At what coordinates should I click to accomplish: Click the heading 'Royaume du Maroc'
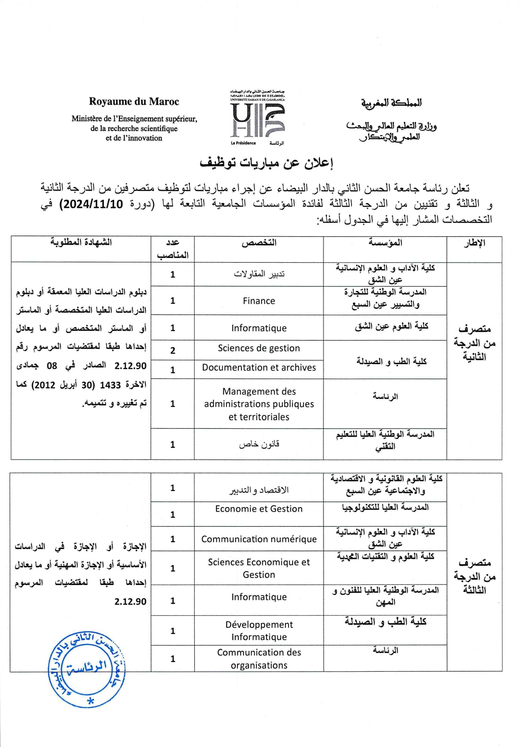coord(134,102)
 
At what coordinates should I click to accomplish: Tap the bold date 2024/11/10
coord(93,204)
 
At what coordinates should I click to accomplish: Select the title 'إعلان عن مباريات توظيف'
coord(266,163)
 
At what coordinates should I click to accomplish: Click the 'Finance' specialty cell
coord(259,301)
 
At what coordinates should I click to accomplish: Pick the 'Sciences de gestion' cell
coord(259,348)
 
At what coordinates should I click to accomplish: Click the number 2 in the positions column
coord(172,350)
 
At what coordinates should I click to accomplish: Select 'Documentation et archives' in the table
coord(259,368)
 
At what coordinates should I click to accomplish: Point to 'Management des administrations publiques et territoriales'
coord(259,404)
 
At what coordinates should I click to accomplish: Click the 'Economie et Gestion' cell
coord(259,509)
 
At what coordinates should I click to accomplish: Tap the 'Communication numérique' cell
coord(259,539)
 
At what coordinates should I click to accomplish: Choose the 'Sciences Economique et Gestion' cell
coord(259,568)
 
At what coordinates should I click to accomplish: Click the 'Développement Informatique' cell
coord(259,631)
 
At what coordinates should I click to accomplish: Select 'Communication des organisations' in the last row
coord(259,659)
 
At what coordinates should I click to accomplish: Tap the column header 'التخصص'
coord(259,243)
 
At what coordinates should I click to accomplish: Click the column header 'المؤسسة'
coord(385,243)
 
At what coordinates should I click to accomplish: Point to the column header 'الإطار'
coord(474,243)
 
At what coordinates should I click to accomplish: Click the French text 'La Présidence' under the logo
coord(243,143)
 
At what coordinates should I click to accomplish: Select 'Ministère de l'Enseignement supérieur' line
coord(134,119)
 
